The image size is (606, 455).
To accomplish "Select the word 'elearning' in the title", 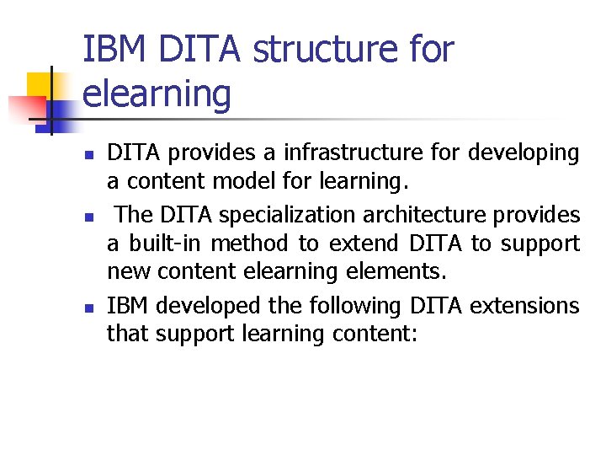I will [x=157, y=94].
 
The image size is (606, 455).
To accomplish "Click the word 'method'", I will [x=252, y=244].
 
